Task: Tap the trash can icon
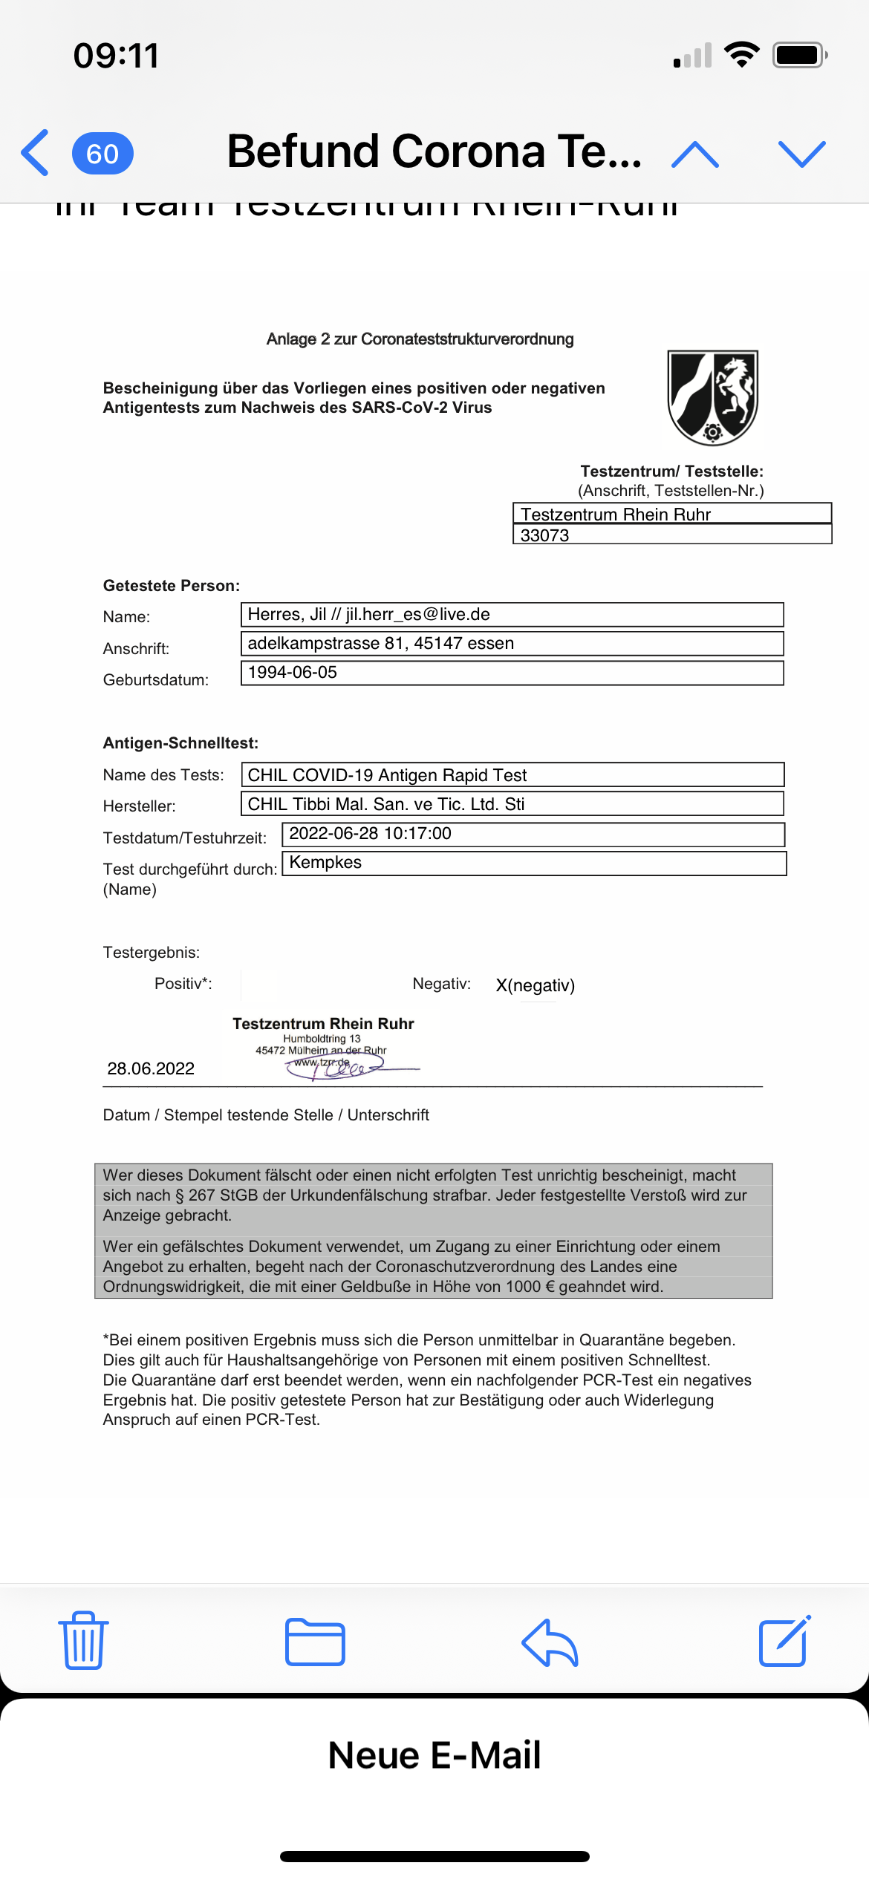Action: coord(83,1640)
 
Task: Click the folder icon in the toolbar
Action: coord(315,1642)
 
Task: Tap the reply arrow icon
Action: coord(550,1642)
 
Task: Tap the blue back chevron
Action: coord(35,152)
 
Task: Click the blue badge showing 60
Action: coord(102,154)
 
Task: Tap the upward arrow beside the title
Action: coord(694,154)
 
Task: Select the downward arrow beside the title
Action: coord(801,154)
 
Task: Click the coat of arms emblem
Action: coord(712,397)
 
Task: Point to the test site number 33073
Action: coord(545,535)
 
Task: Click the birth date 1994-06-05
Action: coord(293,672)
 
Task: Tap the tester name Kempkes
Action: coord(325,862)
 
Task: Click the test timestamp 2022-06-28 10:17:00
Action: coord(370,833)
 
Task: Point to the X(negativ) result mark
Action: coord(535,985)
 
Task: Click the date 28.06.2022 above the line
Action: coord(151,1068)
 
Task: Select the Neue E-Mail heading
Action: coord(434,1755)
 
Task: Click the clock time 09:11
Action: coord(116,56)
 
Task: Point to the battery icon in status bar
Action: coord(799,55)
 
